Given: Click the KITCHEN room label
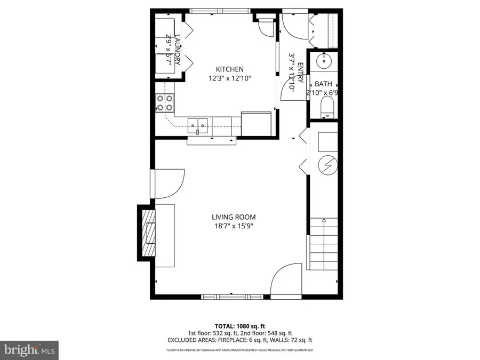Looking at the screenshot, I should (229, 69).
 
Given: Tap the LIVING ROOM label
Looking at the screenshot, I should (234, 217).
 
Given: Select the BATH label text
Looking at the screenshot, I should (323, 84).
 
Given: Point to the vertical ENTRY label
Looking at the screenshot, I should (300, 73).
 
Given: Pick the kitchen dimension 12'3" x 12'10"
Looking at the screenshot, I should (229, 78).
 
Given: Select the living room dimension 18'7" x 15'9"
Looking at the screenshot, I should (234, 226).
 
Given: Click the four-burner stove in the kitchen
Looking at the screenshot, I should (165, 102).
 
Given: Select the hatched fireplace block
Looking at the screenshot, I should (147, 233).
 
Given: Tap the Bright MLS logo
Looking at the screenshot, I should (29, 350).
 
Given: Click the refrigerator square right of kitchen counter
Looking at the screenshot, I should (256, 123).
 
